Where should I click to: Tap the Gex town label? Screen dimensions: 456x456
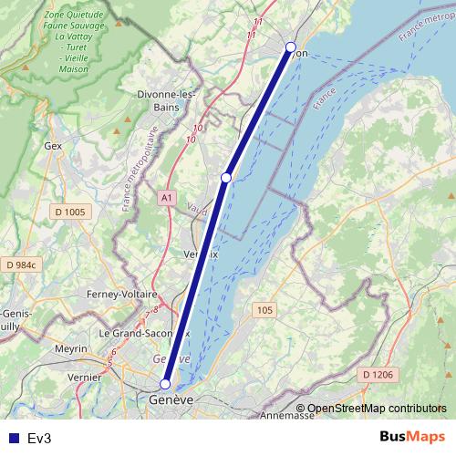52,145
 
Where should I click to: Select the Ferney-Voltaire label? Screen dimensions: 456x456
121,294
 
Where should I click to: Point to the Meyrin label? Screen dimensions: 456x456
70,349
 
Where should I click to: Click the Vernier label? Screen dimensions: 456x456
84,376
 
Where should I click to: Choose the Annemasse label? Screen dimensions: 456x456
286,415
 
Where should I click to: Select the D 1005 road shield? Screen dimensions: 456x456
69,212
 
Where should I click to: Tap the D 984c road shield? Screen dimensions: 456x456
20,264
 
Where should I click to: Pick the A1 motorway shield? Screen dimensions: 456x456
166,197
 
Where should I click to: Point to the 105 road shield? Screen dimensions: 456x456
264,311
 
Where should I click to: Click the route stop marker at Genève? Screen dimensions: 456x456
165,384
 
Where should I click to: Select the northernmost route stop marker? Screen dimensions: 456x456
291,47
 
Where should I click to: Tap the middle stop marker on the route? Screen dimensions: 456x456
226,178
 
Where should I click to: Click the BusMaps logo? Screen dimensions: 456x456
413,438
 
